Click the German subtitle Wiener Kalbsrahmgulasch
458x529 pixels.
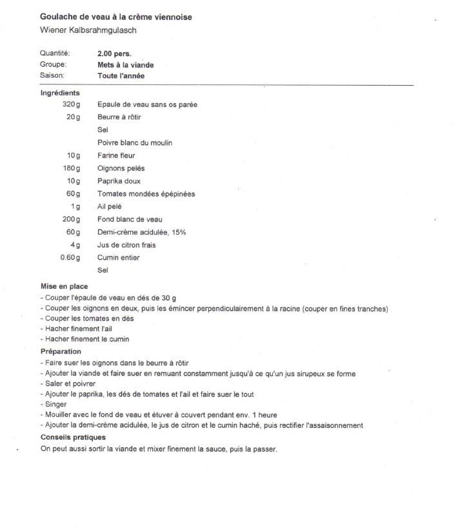click(x=88, y=30)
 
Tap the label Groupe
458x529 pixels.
click(x=54, y=64)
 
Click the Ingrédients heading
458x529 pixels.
click(x=60, y=93)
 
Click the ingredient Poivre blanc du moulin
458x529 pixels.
click(x=134, y=142)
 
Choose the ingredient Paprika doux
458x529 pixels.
click(x=119, y=181)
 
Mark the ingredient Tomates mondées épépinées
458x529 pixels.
click(x=146, y=194)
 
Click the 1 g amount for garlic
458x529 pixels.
click(x=75, y=207)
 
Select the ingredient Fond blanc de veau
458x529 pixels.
click(x=129, y=219)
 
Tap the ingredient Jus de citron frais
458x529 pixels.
click(x=126, y=245)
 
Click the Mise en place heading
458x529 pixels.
click(x=64, y=286)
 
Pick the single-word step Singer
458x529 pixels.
click(x=55, y=404)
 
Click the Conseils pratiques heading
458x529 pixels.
click(x=73, y=437)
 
